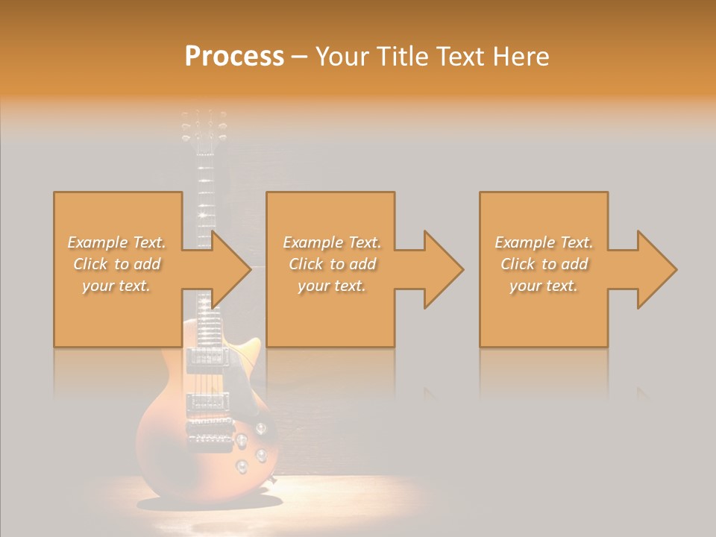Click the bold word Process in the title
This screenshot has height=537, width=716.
tap(234, 57)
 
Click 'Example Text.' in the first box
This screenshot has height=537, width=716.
tap(116, 242)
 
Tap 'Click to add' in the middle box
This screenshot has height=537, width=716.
tap(332, 264)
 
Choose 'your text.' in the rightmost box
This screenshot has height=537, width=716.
tap(543, 286)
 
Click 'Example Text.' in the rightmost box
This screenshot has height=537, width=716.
tap(544, 242)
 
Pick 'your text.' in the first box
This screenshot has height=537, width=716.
tap(116, 286)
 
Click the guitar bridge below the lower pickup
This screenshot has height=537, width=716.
tap(211, 439)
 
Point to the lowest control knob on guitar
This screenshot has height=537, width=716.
tap(242, 467)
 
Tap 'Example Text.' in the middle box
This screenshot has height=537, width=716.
tap(332, 242)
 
